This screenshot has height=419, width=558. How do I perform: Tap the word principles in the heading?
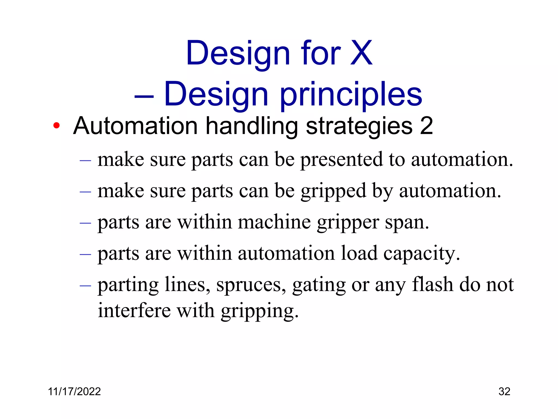coord(351,95)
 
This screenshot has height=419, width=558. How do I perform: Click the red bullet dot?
coord(56,126)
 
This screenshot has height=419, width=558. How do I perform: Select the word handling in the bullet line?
coord(251,126)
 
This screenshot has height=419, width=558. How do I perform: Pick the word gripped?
coord(333,191)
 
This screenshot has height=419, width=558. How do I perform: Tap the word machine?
coord(274,222)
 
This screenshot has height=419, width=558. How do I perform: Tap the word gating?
coord(319,285)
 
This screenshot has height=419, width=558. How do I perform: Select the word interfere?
coord(134,310)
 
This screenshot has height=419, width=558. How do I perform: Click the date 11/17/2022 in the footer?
coord(74,391)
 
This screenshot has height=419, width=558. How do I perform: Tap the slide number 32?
coord(504,391)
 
